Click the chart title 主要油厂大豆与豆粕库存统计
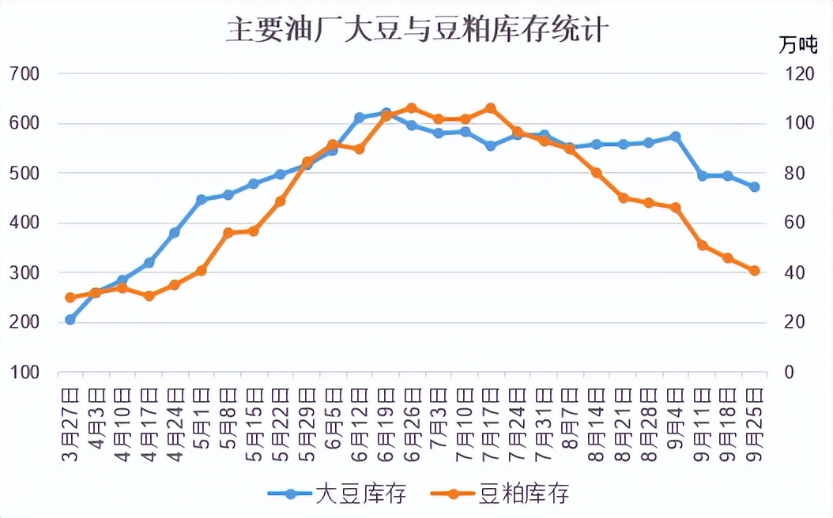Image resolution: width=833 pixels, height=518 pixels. tap(416, 29)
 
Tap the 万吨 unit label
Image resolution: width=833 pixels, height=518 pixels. tap(797, 45)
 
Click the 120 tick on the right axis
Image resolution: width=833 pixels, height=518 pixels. tap(793, 73)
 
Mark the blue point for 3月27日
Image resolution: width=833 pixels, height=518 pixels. tap(70, 320)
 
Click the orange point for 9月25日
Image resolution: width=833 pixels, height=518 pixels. tap(755, 271)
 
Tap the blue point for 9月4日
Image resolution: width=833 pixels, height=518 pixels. tap(676, 137)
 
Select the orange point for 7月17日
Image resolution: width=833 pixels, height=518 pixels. tap(491, 108)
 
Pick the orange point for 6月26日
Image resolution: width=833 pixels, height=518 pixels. tap(412, 107)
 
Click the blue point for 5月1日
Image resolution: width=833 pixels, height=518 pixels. tap(202, 200)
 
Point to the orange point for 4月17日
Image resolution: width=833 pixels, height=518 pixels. tap(149, 296)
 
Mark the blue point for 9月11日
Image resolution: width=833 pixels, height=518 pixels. tap(702, 175)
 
